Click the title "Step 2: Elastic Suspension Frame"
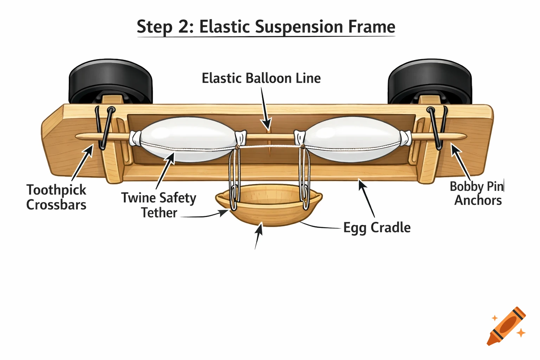pos(266,27)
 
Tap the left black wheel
pos(110,81)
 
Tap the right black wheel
pos(429,81)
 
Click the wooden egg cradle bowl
pos(268,207)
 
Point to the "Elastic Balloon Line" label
pos(261,78)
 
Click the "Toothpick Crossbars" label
pos(56,197)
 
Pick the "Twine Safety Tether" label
pos(159,205)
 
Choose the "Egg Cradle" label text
pos(377,227)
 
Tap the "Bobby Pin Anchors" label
pos(477,193)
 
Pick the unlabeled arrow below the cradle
pos(258,236)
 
